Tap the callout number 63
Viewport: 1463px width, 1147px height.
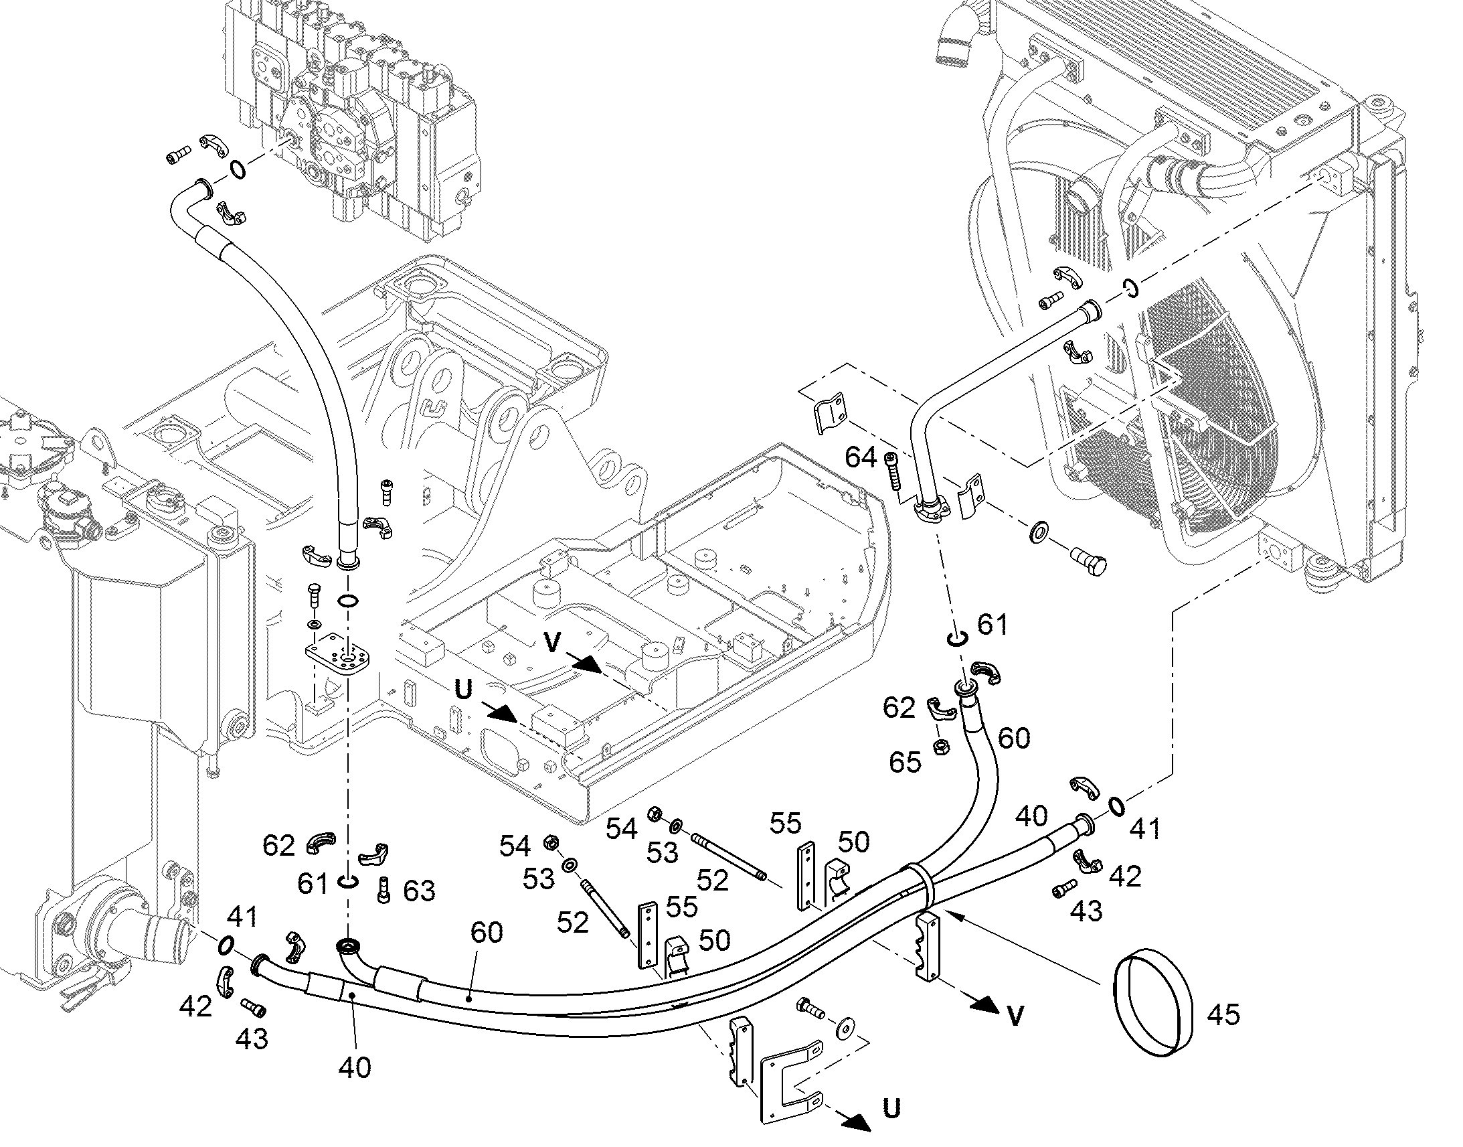tap(419, 891)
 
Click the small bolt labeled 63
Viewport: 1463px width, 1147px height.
tap(384, 890)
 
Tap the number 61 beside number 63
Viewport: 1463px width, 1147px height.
tap(313, 884)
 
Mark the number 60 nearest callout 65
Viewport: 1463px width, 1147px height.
tap(1013, 738)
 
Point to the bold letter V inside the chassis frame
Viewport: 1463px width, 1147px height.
tap(553, 643)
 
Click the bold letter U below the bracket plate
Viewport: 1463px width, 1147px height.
tap(891, 1108)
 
